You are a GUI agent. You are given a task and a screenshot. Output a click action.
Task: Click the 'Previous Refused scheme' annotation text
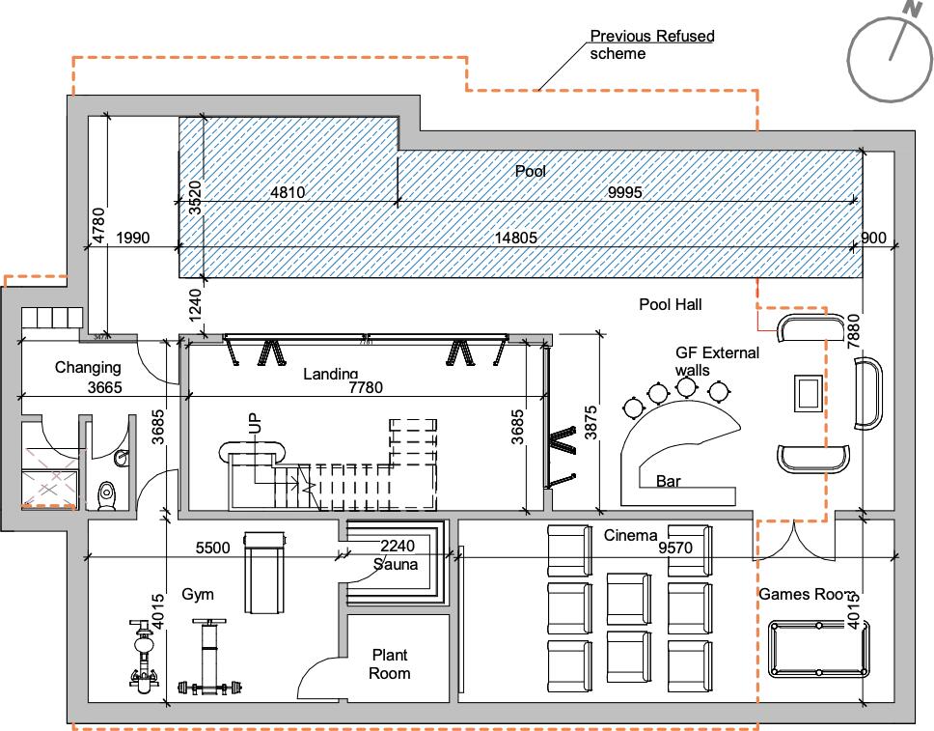pos(651,44)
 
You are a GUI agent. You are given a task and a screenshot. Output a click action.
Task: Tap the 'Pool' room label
pos(530,172)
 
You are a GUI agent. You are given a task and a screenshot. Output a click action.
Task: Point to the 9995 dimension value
pos(625,192)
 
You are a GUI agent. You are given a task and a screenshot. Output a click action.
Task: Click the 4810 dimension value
pos(288,192)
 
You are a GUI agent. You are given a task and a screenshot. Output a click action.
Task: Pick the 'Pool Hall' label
pos(670,305)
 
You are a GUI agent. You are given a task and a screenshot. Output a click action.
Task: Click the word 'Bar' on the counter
pos(668,481)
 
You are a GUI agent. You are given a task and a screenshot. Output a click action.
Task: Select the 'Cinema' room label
pos(630,536)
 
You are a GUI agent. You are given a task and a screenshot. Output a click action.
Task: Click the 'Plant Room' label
pos(390,664)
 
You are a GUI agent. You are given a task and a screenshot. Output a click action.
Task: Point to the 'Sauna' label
pos(396,564)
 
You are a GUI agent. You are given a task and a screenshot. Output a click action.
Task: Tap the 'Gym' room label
pos(197,594)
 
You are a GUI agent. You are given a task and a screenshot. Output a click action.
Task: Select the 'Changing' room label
pos(88,367)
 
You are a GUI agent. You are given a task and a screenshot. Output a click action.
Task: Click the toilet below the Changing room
pos(107,492)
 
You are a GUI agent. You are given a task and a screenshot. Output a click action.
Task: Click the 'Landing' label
pos(330,374)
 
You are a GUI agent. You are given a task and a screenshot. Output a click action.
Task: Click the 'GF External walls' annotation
pos(717,361)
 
